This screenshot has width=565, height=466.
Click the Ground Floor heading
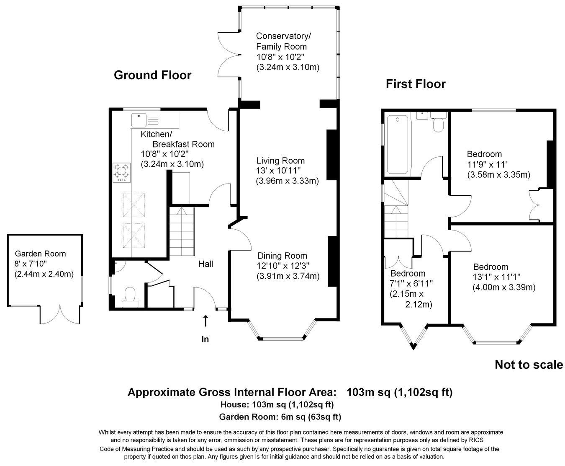152,75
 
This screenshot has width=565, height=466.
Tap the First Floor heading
415,84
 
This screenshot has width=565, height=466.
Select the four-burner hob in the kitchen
121,172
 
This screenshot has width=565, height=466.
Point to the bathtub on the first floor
398,145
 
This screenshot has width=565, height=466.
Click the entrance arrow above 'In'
205,321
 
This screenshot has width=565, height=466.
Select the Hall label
205,264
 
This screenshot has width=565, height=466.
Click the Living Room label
280,161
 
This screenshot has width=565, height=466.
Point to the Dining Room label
282,256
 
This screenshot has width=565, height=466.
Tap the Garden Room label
40,254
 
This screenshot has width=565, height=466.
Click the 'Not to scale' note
529,365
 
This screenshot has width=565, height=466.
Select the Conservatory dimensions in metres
288,67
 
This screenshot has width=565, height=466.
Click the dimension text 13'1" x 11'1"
496,277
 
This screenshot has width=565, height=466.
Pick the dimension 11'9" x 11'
487,164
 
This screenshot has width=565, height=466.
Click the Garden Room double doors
60,314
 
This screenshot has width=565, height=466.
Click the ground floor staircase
182,232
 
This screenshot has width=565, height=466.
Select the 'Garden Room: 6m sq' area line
280,417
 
